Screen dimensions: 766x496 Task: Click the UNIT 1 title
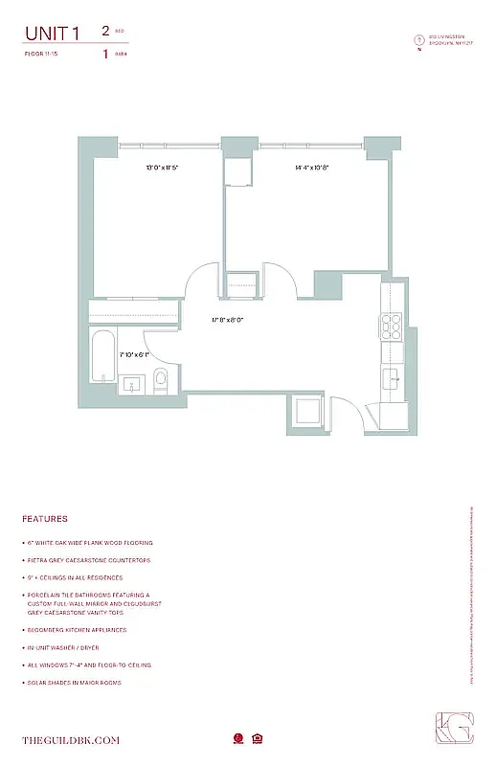tap(53, 34)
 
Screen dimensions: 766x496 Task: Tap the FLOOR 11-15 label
tap(41, 55)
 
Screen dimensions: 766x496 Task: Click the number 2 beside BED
tap(104, 31)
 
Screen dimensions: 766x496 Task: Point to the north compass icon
tap(418, 40)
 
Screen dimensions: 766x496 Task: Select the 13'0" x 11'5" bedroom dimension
tap(162, 168)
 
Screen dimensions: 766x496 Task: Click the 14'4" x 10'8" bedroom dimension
tap(311, 168)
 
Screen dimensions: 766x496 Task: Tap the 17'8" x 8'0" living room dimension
tap(228, 320)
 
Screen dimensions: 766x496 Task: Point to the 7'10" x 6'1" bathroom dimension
tap(135, 354)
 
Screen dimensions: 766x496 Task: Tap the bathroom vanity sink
tap(133, 384)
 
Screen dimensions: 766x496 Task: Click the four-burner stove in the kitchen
tap(393, 327)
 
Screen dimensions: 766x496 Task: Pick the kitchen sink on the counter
tap(393, 378)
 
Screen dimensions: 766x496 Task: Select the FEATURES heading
tap(45, 519)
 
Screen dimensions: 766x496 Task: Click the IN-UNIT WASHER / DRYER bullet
tap(82, 647)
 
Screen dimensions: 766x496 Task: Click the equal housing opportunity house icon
tap(258, 738)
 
